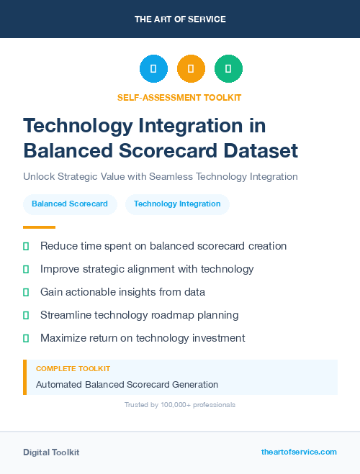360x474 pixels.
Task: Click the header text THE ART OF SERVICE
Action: (180, 19)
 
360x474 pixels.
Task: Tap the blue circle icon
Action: (153, 69)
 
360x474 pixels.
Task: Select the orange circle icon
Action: (191, 69)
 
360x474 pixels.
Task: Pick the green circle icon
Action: (228, 69)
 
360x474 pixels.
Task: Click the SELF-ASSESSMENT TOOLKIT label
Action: (180, 97)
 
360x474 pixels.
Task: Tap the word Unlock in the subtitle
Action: (39, 176)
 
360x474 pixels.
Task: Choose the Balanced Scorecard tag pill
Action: (70, 204)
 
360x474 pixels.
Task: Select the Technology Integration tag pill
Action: (177, 204)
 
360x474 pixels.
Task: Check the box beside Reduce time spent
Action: (26, 246)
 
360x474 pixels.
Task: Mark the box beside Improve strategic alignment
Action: (26, 269)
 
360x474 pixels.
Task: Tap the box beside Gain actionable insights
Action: (26, 292)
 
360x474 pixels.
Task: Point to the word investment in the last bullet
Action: (218, 338)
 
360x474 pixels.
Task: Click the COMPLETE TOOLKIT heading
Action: (73, 369)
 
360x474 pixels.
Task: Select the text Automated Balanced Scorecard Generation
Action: (127, 385)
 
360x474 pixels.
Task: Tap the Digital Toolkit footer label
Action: (51, 452)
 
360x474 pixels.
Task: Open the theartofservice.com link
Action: (299, 452)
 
